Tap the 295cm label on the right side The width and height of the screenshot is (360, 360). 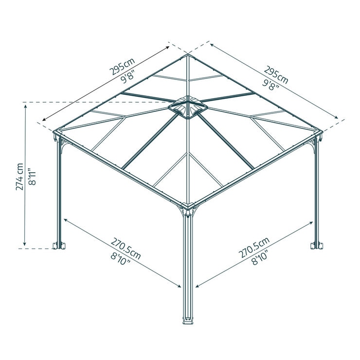[276, 74]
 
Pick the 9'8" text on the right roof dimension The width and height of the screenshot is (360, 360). [270, 86]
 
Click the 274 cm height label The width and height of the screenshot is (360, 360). [19, 176]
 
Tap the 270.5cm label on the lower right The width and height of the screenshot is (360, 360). [254, 249]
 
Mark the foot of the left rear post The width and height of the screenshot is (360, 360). [59, 244]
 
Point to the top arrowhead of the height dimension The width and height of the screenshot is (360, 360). [25, 105]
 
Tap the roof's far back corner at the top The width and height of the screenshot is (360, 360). [188, 55]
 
